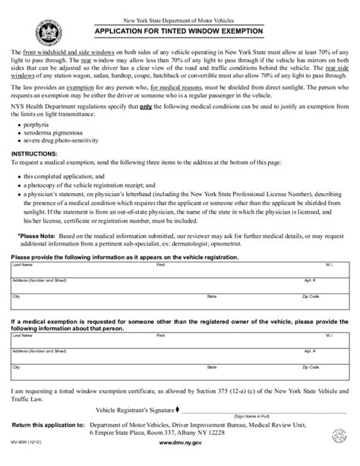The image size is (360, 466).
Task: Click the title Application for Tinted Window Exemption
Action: [178, 32]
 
